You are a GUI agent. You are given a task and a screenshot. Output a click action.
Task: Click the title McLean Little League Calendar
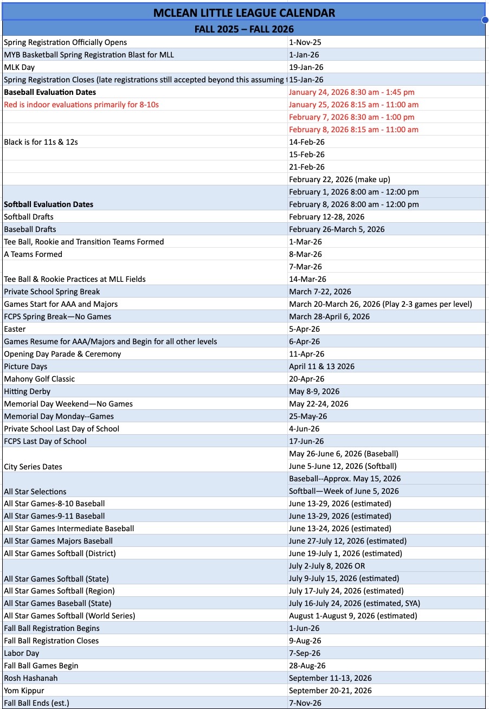pos(244,12)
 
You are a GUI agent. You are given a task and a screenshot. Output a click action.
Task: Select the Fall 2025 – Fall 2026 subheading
pos(244,29)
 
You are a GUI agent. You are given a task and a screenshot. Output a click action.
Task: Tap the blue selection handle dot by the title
pos(485,20)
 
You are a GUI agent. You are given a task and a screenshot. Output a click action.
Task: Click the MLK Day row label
pos(20,67)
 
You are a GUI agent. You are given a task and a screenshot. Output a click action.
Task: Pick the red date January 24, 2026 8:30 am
pos(351,92)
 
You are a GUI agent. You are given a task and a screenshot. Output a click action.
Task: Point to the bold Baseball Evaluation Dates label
pos(50,92)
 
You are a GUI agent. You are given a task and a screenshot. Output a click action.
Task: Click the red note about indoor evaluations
pos(81,105)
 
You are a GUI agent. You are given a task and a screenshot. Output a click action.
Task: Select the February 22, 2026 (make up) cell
pos(339,179)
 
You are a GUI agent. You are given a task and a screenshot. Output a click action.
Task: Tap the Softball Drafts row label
pos(29,217)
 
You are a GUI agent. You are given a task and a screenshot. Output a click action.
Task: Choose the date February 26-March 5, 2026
pos(337,229)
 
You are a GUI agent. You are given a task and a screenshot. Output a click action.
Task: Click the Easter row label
pos(15,329)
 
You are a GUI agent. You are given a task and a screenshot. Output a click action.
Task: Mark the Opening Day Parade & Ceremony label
pos(62,354)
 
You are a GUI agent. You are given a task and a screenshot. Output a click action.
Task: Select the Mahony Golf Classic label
pos(40,379)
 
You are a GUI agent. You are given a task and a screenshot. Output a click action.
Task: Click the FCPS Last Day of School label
pos(45,441)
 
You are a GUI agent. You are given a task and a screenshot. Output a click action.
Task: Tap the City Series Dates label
pos(33,467)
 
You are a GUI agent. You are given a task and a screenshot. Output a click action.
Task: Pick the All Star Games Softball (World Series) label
pos(69,616)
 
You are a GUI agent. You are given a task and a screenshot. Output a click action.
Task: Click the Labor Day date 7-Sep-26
pos(305,653)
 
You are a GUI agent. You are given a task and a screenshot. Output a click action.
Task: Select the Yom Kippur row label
pos(24,691)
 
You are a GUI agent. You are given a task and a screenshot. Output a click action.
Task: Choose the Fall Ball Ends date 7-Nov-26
pos(305,703)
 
